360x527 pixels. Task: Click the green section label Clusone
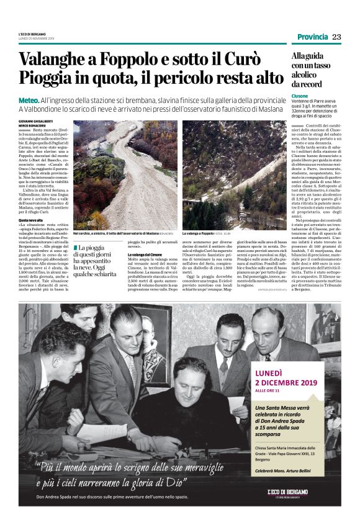click(x=300, y=96)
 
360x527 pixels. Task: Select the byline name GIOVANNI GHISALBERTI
click(x=35, y=120)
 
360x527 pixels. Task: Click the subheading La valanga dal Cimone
click(x=146, y=255)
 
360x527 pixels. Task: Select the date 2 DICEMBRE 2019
click(x=285, y=384)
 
